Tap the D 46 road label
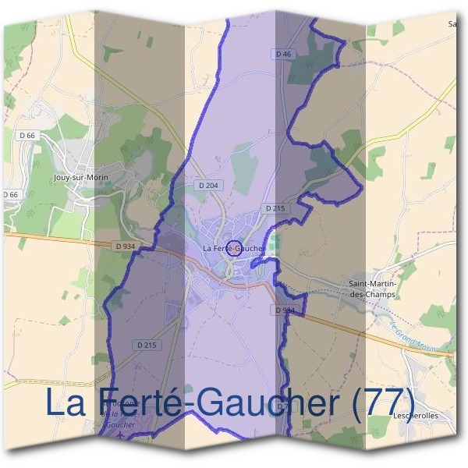coord(283,54)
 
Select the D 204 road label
coord(208,186)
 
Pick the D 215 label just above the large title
coord(147,345)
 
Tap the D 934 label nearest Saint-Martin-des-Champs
coord(285,310)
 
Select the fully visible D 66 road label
coord(27,135)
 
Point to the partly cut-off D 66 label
coord(9,194)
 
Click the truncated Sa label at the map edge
coord(452,24)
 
